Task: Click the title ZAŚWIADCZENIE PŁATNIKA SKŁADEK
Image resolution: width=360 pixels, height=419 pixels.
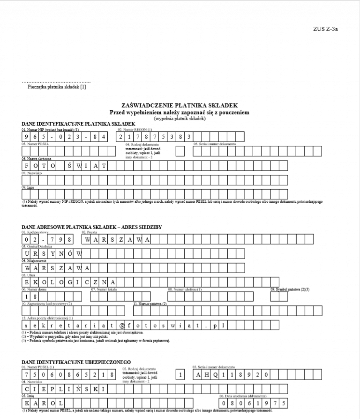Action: tap(180, 106)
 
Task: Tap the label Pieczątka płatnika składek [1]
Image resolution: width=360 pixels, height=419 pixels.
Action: tap(57, 87)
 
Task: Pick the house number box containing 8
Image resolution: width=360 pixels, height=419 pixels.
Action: tap(36, 297)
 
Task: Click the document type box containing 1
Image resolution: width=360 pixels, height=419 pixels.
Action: tap(180, 374)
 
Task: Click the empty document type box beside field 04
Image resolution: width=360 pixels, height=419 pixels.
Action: tap(180, 151)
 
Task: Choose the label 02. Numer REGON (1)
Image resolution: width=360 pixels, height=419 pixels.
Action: tap(135, 129)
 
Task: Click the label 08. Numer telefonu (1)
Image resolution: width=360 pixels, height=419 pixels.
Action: tap(184, 289)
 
